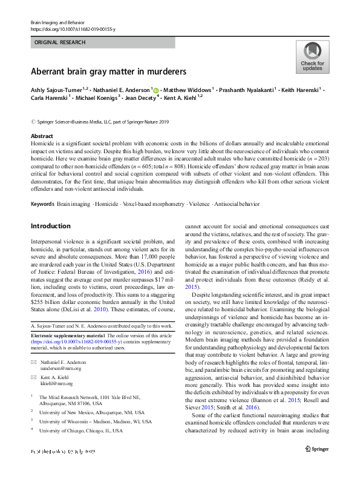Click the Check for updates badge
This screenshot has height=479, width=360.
click(x=312, y=57)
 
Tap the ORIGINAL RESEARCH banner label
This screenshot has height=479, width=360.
click(x=61, y=42)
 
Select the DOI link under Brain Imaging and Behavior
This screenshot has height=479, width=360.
click(x=72, y=28)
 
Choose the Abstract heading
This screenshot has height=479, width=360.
click(x=42, y=136)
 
